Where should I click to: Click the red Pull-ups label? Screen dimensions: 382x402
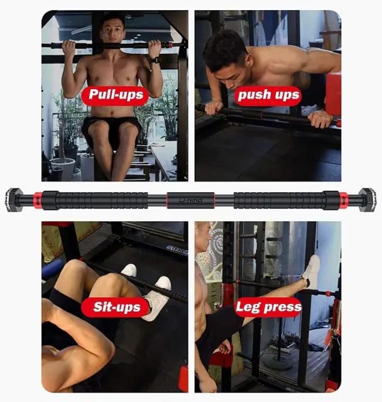(115, 95)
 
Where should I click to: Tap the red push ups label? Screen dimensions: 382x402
(268, 95)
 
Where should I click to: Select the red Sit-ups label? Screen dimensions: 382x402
(116, 307)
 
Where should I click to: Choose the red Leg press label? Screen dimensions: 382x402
(268, 307)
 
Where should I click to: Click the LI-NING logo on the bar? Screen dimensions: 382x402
(190, 200)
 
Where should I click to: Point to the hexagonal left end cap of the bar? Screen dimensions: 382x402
(13, 200)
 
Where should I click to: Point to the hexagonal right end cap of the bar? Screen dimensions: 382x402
(368, 200)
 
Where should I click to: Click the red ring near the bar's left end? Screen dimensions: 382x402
(38, 200)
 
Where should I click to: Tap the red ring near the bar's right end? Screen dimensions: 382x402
(344, 200)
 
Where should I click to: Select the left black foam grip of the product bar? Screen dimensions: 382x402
(95, 200)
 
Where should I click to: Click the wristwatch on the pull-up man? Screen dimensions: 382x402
(155, 60)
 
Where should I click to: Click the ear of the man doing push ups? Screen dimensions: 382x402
(247, 63)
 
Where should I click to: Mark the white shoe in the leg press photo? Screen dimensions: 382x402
(311, 271)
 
